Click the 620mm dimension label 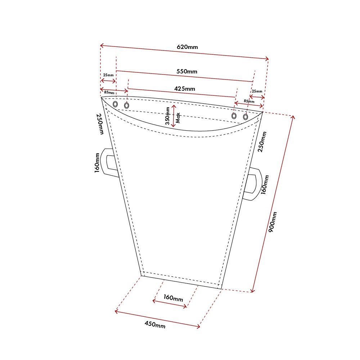click(187, 47)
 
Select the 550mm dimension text click(186, 71)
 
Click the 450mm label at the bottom click(155, 324)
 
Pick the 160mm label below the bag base click(173, 298)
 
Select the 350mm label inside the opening click(167, 116)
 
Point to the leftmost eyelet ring click(115, 104)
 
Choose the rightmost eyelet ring click(246, 117)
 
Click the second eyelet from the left click(127, 105)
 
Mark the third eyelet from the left click(234, 116)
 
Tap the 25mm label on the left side click(108, 75)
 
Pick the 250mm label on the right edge click(264, 141)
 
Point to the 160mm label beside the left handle click(97, 163)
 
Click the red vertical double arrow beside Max click(174, 116)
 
